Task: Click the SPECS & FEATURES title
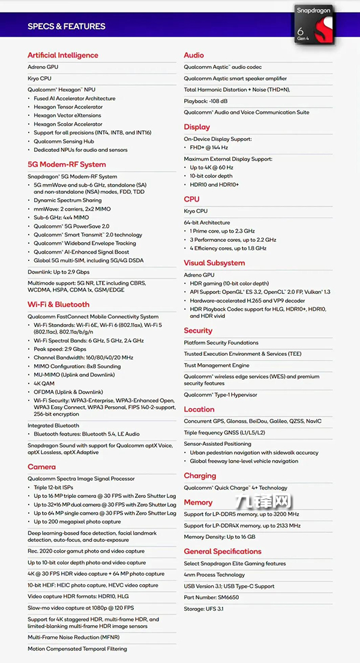click(x=66, y=26)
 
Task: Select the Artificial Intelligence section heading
click(x=62, y=55)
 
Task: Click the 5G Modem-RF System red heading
click(x=66, y=164)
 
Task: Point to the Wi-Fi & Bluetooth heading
click(x=58, y=304)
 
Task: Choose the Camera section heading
click(x=41, y=467)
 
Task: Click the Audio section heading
click(x=194, y=55)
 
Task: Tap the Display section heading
click(x=197, y=127)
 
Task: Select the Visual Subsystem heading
click(x=214, y=263)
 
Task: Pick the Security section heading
click(x=198, y=331)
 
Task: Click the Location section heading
click(x=199, y=409)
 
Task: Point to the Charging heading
click(x=200, y=476)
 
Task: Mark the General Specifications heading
click(x=223, y=551)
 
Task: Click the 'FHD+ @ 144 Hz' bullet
click(x=209, y=148)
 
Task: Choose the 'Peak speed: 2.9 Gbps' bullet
click(x=60, y=349)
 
